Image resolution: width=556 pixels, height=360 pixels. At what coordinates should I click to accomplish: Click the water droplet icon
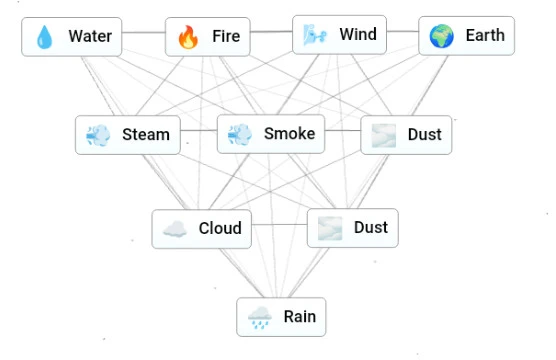click(x=45, y=38)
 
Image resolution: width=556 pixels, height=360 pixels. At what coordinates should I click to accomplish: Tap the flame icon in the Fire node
click(x=188, y=38)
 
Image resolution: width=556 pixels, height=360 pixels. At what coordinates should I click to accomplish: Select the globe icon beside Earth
click(x=441, y=37)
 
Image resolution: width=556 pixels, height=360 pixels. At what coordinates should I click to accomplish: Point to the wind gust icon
click(x=314, y=36)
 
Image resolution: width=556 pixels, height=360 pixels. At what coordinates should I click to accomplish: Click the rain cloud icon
click(x=260, y=318)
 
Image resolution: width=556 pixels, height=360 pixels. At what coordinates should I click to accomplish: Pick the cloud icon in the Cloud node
click(x=174, y=229)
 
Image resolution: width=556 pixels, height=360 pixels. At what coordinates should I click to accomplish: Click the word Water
click(x=90, y=38)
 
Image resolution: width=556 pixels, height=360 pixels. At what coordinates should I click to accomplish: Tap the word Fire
click(x=226, y=38)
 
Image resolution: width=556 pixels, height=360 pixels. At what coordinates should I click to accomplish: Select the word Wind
click(x=358, y=36)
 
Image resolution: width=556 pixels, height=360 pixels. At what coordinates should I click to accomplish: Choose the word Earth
click(x=485, y=37)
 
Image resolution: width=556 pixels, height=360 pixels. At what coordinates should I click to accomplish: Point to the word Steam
click(x=146, y=135)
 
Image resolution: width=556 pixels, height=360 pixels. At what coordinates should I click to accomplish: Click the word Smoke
click(x=289, y=134)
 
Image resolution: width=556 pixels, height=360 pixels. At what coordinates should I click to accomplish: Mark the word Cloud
click(x=220, y=228)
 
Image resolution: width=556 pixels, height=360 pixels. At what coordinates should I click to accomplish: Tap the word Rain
click(x=299, y=318)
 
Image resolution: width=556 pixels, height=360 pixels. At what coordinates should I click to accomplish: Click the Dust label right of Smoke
click(x=424, y=135)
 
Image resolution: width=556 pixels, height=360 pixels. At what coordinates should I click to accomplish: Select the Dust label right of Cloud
click(x=370, y=228)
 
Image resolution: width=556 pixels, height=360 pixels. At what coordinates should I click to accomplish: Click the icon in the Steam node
click(x=98, y=135)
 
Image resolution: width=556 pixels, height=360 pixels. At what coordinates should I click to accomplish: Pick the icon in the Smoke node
click(x=240, y=134)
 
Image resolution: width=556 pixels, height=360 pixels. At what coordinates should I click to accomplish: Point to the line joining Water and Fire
click(x=143, y=33)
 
